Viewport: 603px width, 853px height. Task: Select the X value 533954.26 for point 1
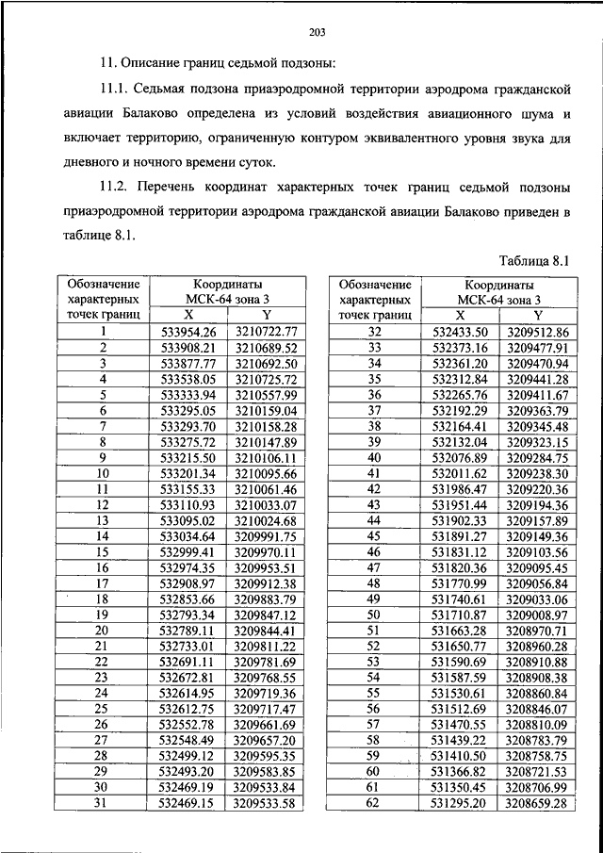188,332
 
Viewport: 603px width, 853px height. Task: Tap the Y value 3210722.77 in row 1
266,332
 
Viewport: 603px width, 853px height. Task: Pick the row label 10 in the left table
103,473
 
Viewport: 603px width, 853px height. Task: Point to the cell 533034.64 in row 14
188,535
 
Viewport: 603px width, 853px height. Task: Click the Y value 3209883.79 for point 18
266,599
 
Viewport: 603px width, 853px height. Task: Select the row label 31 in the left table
103,803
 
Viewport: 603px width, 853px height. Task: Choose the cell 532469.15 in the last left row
188,803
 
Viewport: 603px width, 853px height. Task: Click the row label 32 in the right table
374,332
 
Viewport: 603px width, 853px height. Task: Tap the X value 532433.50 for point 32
460,332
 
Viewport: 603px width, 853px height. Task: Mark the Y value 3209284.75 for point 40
537,457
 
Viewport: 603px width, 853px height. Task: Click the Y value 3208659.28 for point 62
537,803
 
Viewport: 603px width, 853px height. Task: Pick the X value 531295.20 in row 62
460,803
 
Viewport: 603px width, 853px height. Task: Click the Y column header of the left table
266,315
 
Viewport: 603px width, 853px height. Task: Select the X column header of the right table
460,315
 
